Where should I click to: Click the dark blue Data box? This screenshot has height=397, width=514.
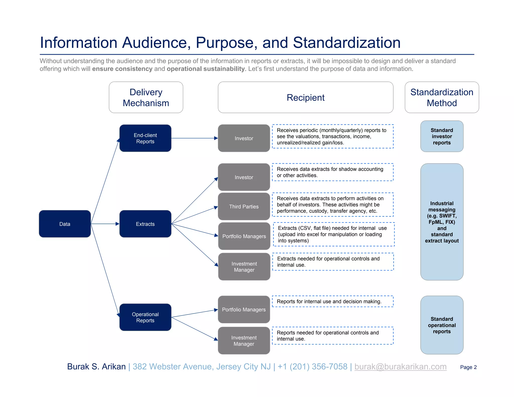pyautogui.click(x=65, y=224)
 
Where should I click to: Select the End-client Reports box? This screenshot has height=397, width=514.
pyautogui.click(x=145, y=138)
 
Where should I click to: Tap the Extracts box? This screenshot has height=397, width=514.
pyautogui.click(x=145, y=224)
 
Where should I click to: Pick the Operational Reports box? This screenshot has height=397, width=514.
pyautogui.click(x=145, y=317)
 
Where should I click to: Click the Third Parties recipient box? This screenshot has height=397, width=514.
pyautogui.click(x=244, y=207)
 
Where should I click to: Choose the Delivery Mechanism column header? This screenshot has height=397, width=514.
pyautogui.click(x=146, y=97)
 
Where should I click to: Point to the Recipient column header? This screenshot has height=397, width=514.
pyautogui.click(x=305, y=97)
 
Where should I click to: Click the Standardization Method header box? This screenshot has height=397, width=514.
pyautogui.click(x=442, y=97)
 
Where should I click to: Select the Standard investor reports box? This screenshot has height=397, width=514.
pyautogui.click(x=442, y=136)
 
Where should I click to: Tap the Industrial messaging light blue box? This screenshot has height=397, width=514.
pyautogui.click(x=442, y=222)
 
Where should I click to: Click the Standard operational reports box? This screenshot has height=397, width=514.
pyautogui.click(x=442, y=325)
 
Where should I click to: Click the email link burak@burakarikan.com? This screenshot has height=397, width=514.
pyautogui.click(x=400, y=367)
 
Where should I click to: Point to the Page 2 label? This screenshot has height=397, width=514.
pyautogui.click(x=468, y=367)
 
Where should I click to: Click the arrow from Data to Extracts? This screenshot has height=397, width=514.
pyautogui.click(x=105, y=224)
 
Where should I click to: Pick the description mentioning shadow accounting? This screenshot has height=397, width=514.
pyautogui.click(x=333, y=172)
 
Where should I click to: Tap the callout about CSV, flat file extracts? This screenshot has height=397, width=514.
pyautogui.click(x=334, y=234)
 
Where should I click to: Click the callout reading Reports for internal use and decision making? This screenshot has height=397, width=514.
pyautogui.click(x=333, y=301)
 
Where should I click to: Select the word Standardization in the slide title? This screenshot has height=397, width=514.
pyautogui.click(x=347, y=42)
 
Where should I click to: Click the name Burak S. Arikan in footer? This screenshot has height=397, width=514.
pyautogui.click(x=96, y=367)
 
